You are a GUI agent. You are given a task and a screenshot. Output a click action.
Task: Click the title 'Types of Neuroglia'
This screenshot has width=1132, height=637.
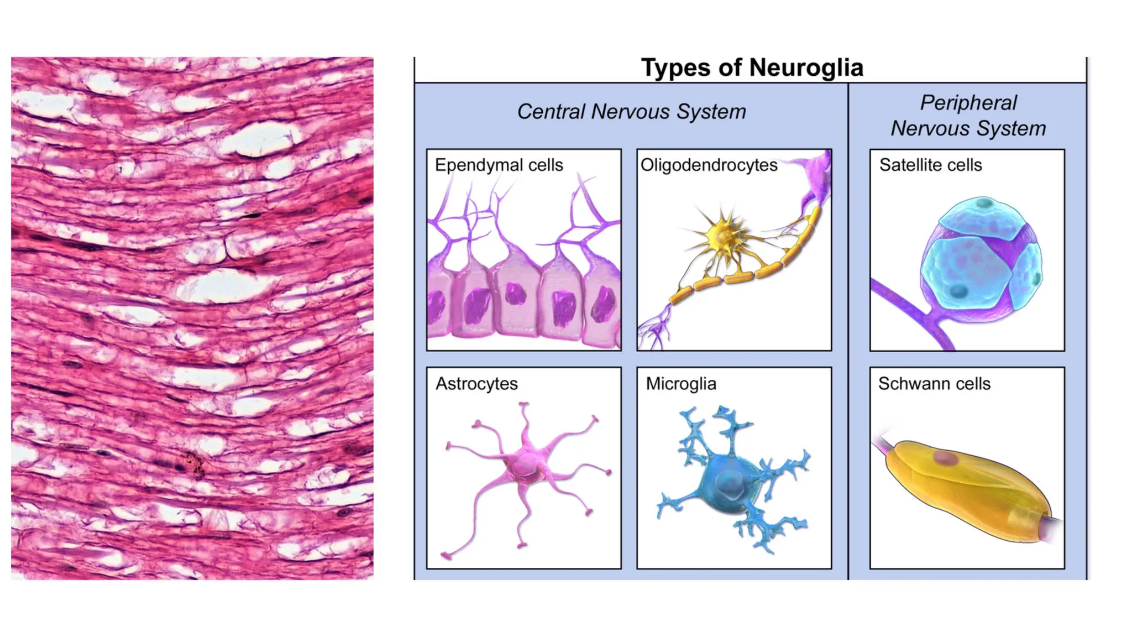(x=752, y=68)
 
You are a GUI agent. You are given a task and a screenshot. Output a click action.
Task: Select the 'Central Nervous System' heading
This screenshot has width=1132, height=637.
(x=631, y=112)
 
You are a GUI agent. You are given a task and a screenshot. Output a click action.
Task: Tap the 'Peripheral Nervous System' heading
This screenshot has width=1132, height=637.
(x=968, y=116)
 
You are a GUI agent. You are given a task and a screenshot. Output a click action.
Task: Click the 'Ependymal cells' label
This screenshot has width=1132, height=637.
(x=499, y=165)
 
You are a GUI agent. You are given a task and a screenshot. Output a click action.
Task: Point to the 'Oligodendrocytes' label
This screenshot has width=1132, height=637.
(x=709, y=165)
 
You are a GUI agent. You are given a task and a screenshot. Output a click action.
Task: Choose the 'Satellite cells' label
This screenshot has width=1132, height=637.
(x=930, y=165)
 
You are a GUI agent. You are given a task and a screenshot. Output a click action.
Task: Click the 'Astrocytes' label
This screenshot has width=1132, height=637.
(x=476, y=383)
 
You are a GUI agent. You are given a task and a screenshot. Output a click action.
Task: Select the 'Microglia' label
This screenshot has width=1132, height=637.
(x=681, y=383)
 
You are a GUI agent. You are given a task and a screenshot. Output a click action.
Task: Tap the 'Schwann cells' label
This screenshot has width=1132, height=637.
(x=934, y=383)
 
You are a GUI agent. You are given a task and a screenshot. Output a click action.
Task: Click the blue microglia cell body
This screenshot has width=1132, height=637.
(x=729, y=483)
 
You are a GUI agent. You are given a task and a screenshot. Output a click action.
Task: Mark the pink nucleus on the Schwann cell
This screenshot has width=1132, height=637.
(x=945, y=458)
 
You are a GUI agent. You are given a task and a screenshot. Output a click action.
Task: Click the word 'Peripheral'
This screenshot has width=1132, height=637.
(x=968, y=103)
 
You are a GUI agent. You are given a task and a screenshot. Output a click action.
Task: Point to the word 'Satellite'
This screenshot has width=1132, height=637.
(x=911, y=165)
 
